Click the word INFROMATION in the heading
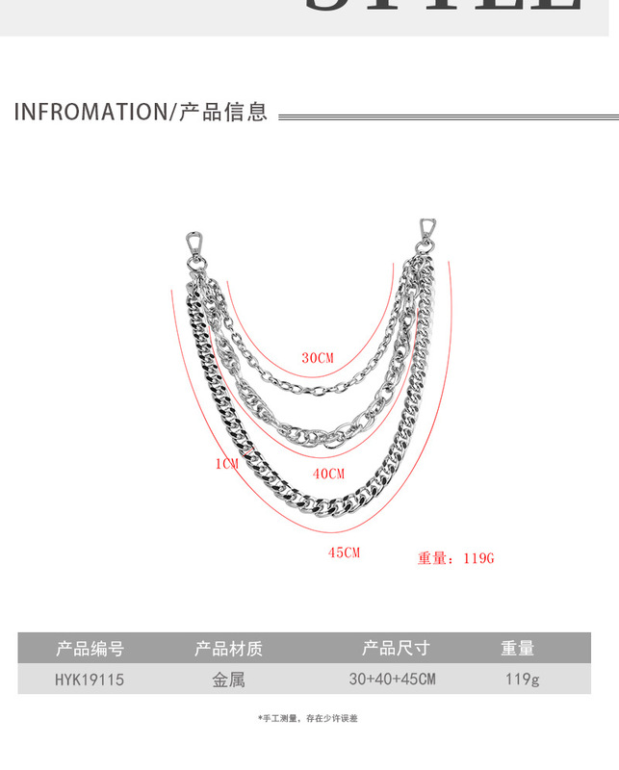pos(90,112)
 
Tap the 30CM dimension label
pos(317,358)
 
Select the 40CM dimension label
pos(328,474)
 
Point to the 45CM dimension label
pos(344,552)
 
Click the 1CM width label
pos(226,464)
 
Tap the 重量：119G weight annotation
pos(455,558)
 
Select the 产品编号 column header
pos(90,648)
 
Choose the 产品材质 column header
pos(228,648)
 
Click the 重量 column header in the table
pos(518,648)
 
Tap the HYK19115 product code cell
pos(90,680)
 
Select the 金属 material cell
pos(228,680)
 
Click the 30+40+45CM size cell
pos(393,680)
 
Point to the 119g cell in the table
pos(522,680)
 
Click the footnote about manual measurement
pos(308,719)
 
